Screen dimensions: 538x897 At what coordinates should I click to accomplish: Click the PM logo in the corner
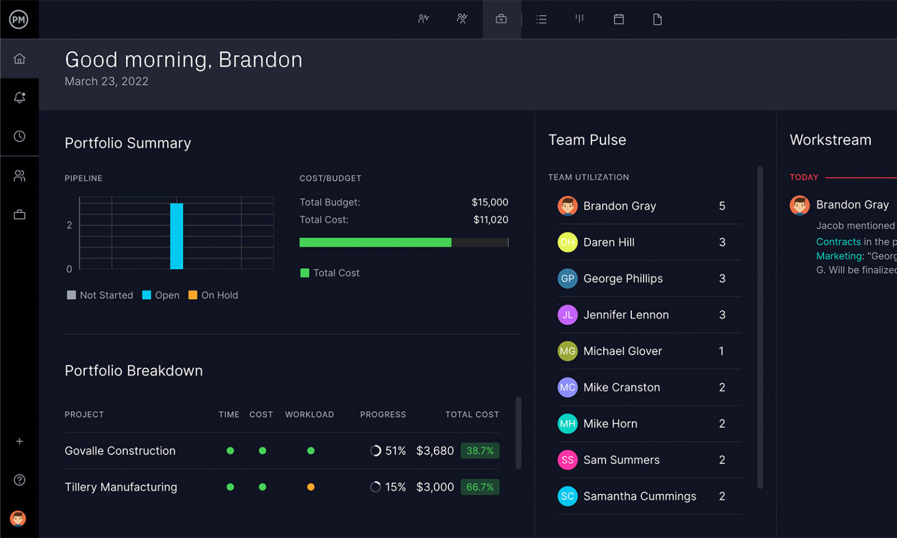(19, 19)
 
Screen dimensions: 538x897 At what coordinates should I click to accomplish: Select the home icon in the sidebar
(19, 58)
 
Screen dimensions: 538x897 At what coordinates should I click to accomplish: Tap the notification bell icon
(19, 98)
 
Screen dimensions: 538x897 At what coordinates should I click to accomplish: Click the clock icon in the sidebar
(19, 136)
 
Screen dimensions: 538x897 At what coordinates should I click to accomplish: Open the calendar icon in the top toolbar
(618, 19)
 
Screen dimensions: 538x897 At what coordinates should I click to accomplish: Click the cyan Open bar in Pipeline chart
(176, 236)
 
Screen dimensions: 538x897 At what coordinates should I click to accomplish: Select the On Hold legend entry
(213, 295)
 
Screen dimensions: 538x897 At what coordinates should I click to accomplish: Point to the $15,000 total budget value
(489, 202)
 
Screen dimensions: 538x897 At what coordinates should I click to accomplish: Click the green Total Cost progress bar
(375, 242)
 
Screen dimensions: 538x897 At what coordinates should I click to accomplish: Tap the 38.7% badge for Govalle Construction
(479, 451)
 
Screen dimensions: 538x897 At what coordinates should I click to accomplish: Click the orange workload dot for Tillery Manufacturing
(311, 487)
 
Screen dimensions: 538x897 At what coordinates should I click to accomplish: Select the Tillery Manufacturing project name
(121, 487)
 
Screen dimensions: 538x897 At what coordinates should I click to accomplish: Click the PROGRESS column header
(383, 414)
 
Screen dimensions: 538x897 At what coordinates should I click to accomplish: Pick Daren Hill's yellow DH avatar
(567, 242)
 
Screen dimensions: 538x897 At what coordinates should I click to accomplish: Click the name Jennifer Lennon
(625, 315)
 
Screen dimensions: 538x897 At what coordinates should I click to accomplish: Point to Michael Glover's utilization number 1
(721, 351)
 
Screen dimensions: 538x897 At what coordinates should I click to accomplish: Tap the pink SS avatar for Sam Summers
(567, 460)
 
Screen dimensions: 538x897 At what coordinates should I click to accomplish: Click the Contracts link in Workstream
(838, 242)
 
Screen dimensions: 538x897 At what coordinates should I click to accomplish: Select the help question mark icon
(19, 480)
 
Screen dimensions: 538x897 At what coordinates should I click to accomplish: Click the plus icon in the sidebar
(19, 442)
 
